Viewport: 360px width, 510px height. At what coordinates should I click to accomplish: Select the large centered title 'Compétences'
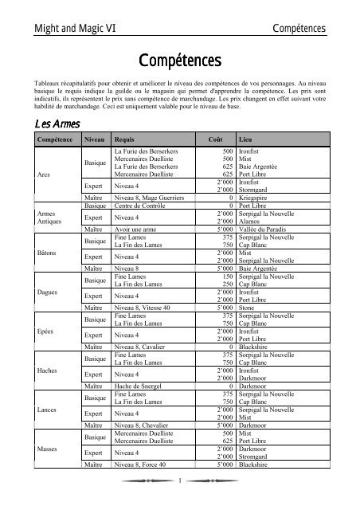point(179,60)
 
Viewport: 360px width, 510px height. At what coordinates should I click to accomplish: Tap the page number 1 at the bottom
point(180,500)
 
